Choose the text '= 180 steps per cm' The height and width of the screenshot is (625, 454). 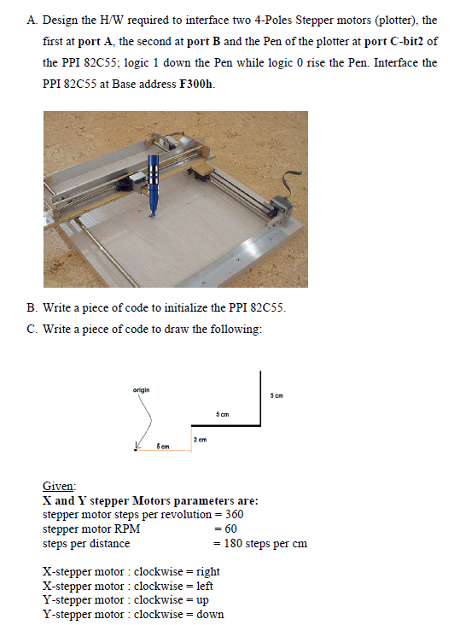pyautogui.click(x=259, y=543)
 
